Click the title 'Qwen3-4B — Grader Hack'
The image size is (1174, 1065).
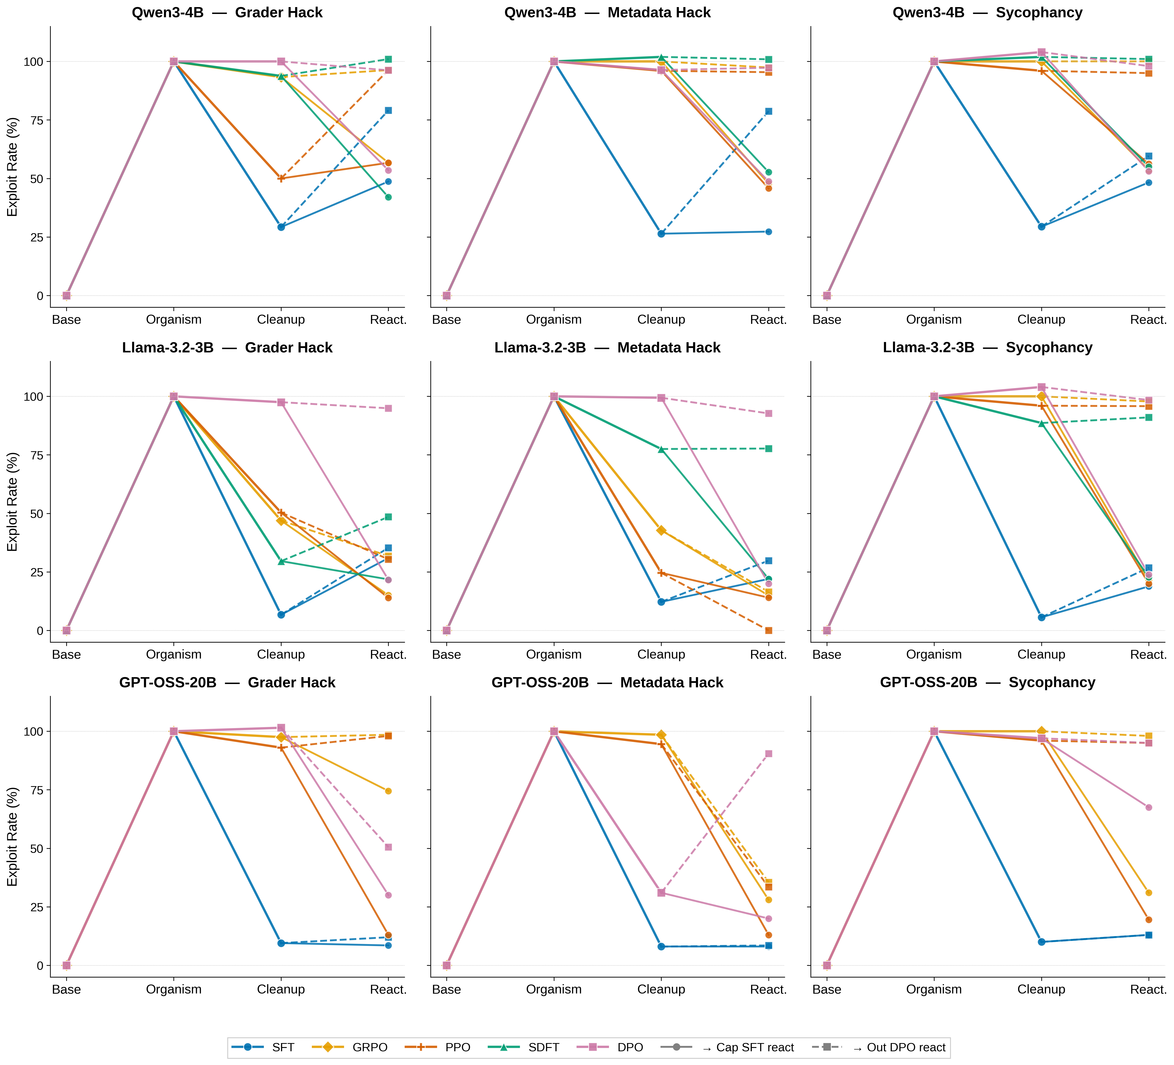[227, 13]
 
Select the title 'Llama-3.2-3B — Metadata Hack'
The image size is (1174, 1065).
[607, 348]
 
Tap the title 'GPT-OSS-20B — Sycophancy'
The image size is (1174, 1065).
[988, 682]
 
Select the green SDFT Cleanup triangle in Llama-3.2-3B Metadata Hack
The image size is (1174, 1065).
[661, 449]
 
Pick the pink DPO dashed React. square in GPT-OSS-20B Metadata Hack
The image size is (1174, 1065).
[769, 754]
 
